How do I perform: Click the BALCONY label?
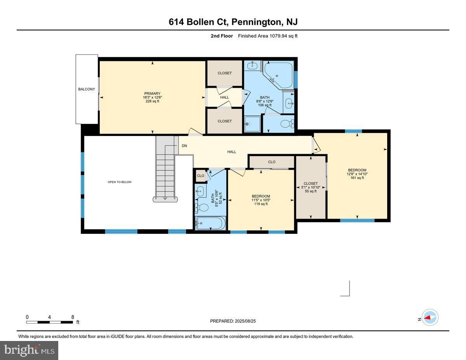[86, 89]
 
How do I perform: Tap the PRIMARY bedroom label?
[152, 97]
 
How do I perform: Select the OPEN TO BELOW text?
[120, 182]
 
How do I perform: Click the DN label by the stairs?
[184, 146]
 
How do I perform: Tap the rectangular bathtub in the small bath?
[210, 223]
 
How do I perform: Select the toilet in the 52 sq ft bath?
[202, 208]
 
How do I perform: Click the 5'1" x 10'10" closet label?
[311, 187]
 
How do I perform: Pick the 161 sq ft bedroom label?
[357, 174]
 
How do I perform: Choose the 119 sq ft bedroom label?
[261, 200]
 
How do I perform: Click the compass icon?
[429, 317]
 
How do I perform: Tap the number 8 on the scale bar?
[73, 317]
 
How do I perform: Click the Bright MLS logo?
[29, 350]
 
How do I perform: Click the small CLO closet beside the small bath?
[200, 176]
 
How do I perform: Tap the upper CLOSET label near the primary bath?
[224, 73]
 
